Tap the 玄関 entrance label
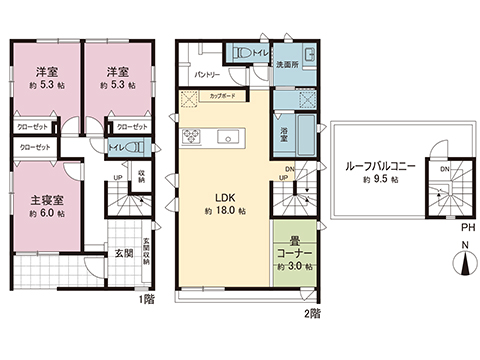click(121, 254)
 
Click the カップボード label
click(224, 95)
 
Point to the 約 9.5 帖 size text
click(380, 179)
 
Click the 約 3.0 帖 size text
click(294, 267)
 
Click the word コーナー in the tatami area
click(294, 253)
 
